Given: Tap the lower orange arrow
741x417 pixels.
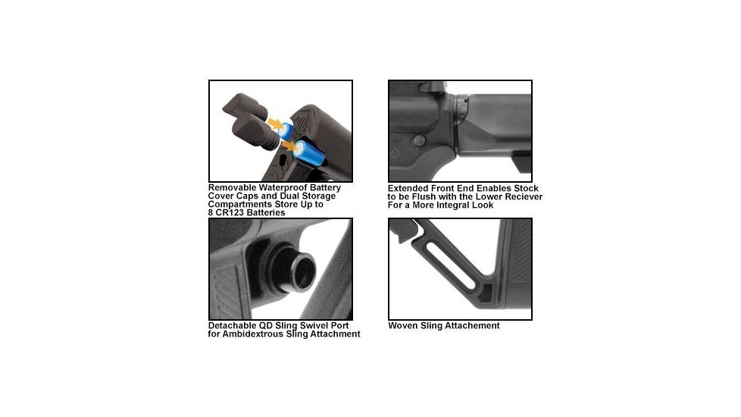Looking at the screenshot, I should [x=290, y=142].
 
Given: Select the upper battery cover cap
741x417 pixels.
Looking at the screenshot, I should [x=245, y=106].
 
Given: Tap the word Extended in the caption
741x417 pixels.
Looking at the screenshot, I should [x=409, y=187].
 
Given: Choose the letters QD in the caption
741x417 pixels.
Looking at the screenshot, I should [x=270, y=325].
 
